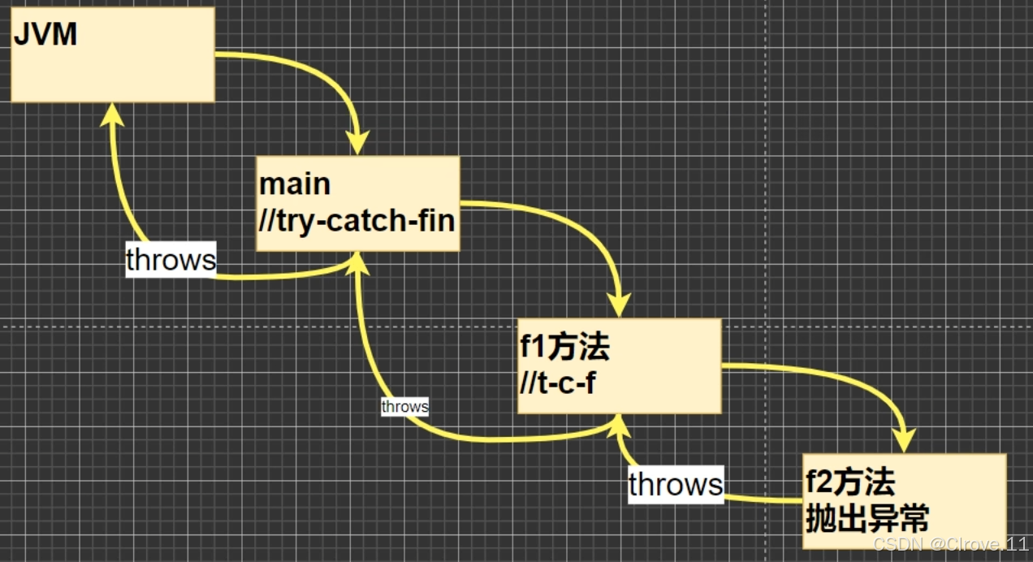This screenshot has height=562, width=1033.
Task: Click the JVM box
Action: click(113, 65)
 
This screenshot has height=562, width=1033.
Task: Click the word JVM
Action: click(45, 34)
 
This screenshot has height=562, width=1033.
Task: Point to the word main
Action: click(295, 184)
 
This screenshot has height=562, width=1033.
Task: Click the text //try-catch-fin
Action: click(357, 220)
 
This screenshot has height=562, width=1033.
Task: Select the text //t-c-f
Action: click(557, 383)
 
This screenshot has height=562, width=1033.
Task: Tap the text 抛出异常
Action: click(867, 517)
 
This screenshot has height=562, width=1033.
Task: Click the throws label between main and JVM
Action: click(171, 260)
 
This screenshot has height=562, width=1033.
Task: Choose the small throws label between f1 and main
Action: click(404, 406)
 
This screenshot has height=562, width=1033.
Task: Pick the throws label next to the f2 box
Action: click(675, 485)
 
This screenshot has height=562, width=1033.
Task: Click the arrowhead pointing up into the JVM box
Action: click(112, 115)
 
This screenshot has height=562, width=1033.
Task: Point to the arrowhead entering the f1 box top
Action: click(620, 305)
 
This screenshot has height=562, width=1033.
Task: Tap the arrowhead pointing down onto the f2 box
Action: click(904, 440)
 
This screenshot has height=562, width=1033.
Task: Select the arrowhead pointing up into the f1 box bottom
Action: click(620, 426)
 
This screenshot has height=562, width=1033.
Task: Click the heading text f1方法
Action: click(564, 348)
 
